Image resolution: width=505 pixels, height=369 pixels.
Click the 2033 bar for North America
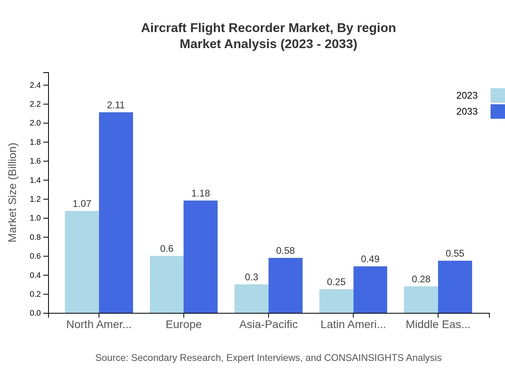point(116,213)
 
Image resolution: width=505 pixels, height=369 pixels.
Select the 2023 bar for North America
point(82,262)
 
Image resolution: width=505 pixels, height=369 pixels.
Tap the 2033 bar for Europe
point(200,257)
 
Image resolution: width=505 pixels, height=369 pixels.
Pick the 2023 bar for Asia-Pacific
point(251,299)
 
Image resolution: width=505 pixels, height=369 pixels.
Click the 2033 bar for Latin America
point(370,290)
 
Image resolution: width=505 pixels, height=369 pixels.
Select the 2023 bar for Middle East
point(421,300)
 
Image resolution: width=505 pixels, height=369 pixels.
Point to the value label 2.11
point(116,105)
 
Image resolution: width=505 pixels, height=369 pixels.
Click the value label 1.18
point(200,193)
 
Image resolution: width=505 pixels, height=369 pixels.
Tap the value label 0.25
point(336,282)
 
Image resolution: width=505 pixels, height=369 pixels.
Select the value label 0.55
point(455,253)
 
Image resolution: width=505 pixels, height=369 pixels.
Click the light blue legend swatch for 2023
point(498,95)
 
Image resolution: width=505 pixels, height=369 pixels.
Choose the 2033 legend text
point(467,112)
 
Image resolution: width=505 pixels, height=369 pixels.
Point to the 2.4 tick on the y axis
point(35,85)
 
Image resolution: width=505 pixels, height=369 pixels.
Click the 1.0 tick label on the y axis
point(35,218)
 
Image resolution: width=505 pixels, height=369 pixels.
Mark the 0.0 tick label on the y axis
point(35,313)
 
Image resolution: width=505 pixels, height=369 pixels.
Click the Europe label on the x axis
point(184,324)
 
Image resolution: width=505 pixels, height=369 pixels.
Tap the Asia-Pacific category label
point(269,324)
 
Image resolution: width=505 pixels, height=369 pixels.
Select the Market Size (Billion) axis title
point(13,193)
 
